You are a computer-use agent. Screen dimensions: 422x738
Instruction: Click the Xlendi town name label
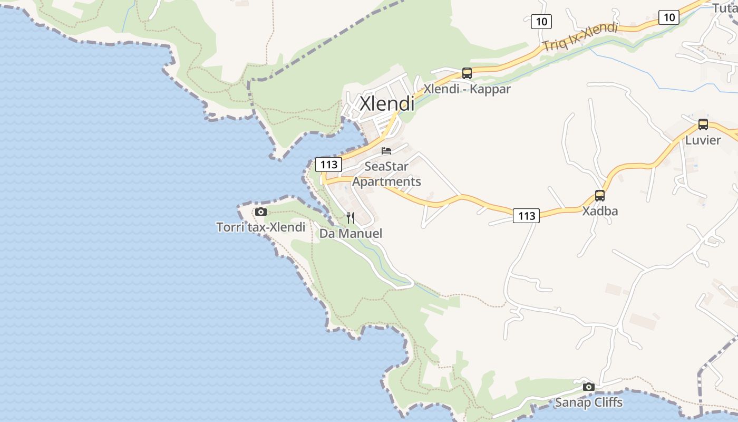387,103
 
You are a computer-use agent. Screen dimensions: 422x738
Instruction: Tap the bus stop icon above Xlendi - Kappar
467,73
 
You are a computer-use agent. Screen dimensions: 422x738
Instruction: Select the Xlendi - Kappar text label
467,89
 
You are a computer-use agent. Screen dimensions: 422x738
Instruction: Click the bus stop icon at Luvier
703,124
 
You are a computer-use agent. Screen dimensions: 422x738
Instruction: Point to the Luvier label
703,140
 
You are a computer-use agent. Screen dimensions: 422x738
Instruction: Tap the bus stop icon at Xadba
600,196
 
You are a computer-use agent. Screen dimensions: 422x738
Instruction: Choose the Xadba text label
600,211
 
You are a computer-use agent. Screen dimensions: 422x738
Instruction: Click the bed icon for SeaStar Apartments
386,151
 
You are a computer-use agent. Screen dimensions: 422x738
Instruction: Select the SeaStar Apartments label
386,174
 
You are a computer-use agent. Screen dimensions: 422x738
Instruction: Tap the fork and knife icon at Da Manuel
351,218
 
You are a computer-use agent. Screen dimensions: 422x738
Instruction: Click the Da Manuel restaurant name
351,233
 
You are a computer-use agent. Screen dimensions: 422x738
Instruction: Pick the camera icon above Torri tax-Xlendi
260,212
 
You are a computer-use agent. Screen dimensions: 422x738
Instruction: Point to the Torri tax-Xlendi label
260,227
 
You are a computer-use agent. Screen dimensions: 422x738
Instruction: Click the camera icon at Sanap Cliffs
589,387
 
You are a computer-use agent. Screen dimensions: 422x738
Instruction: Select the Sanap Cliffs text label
589,402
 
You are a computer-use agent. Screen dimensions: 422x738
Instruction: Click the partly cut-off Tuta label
725,7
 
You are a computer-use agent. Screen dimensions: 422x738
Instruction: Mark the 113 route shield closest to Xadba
526,216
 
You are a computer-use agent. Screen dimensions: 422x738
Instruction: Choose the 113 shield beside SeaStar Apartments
328,165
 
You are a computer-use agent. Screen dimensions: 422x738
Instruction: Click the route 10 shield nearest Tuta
669,17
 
